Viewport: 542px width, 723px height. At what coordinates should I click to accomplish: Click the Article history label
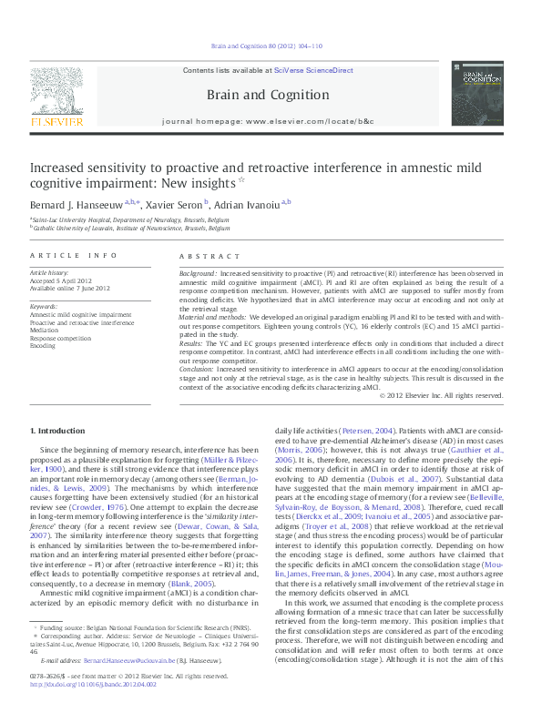tap(49, 272)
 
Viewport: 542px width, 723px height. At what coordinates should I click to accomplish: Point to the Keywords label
tap(44, 307)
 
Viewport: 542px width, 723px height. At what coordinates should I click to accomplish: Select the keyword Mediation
tap(46, 331)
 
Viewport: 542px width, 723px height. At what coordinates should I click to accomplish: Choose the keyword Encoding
tap(44, 346)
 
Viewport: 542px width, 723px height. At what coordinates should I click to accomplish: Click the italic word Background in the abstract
tap(198, 273)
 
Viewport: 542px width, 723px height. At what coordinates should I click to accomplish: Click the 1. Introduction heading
tap(58, 429)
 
